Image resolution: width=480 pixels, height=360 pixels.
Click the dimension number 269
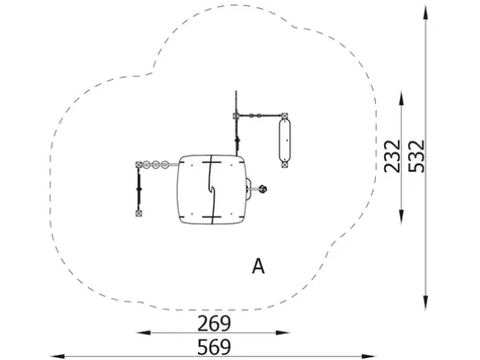click(x=214, y=323)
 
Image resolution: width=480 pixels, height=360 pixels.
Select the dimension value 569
click(x=214, y=347)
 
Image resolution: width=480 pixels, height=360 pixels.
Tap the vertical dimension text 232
click(x=392, y=157)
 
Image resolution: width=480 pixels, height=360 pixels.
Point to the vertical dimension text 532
click(x=417, y=157)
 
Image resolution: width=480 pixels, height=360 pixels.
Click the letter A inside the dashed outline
click(x=258, y=266)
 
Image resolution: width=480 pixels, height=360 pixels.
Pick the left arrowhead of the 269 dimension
click(x=143, y=333)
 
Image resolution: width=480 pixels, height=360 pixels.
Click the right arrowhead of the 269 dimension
click(x=283, y=333)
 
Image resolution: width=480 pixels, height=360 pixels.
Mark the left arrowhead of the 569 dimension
click(x=57, y=356)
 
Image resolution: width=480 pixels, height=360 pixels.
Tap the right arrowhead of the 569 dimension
click(x=369, y=356)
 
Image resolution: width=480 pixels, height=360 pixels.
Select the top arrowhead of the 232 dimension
click(x=402, y=98)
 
